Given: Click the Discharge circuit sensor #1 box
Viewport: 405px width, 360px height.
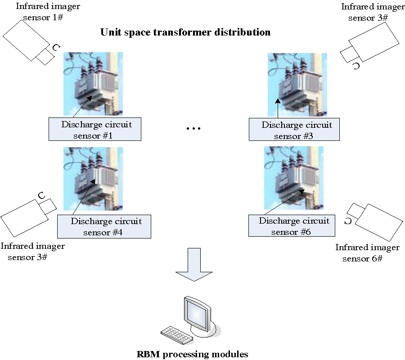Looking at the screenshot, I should pos(95,130).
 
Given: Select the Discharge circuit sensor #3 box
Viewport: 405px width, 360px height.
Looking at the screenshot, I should pos(294,130).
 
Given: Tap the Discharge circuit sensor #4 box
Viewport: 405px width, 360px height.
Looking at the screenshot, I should pos(104,226).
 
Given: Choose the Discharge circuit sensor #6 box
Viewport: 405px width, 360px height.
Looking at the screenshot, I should pos(292,226).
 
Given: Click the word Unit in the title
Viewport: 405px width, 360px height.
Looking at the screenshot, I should pos(109,32).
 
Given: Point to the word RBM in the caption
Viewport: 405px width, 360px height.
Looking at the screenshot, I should pos(148,354).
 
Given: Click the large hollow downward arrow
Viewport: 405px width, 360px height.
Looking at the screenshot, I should pos(193,265).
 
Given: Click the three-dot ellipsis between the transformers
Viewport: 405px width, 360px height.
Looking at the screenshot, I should pos(193,129).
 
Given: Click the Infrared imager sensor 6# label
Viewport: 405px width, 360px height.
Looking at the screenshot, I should pos(367,253).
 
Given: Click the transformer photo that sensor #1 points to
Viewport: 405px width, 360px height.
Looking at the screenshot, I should pos(93,84).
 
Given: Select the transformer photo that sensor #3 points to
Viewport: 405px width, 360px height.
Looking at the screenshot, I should pos(297,85).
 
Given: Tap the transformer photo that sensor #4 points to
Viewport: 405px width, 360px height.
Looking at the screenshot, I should pos(93,179).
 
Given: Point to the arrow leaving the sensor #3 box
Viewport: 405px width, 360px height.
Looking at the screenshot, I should pos(278,108).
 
